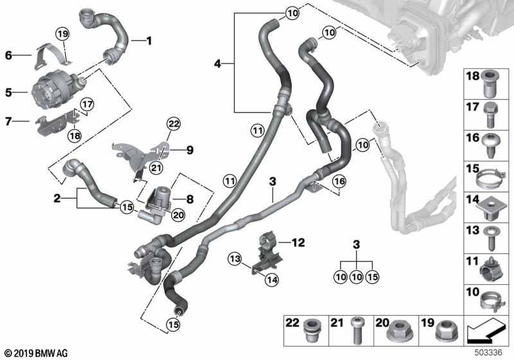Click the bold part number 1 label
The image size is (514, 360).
(149, 41)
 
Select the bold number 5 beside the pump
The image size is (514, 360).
(8, 93)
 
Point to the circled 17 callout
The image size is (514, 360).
(87, 105)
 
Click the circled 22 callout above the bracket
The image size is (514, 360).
(173, 124)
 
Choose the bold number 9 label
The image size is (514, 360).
(190, 150)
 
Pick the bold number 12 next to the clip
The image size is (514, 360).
(298, 242)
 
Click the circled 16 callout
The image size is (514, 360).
(339, 181)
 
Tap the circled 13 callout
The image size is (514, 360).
(235, 259)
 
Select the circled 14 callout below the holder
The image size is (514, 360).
(272, 280)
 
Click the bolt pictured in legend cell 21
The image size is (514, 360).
(357, 331)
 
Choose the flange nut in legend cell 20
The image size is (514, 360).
(398, 331)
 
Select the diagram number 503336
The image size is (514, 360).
(488, 352)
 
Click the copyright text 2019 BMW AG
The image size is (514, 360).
(36, 353)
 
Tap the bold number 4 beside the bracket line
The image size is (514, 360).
(217, 64)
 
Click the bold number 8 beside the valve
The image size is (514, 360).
(190, 199)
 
